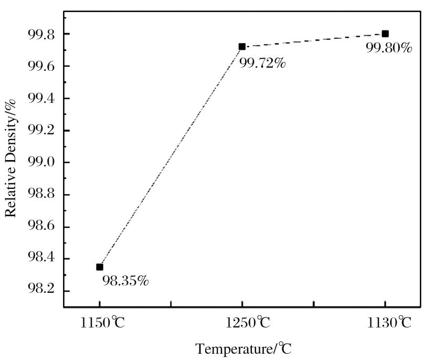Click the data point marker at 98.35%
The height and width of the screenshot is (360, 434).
pyautogui.click(x=100, y=267)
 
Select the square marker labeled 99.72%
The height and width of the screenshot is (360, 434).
pyautogui.click(x=242, y=46)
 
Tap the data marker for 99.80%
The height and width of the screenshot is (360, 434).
pyautogui.click(x=385, y=34)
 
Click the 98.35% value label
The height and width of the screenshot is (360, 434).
pyautogui.click(x=125, y=281)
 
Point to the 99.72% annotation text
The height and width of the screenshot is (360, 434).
pyautogui.click(x=262, y=64)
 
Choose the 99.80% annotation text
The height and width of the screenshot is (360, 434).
pyautogui.click(x=389, y=48)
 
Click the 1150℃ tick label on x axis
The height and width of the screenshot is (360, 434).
pyautogui.click(x=103, y=322)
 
